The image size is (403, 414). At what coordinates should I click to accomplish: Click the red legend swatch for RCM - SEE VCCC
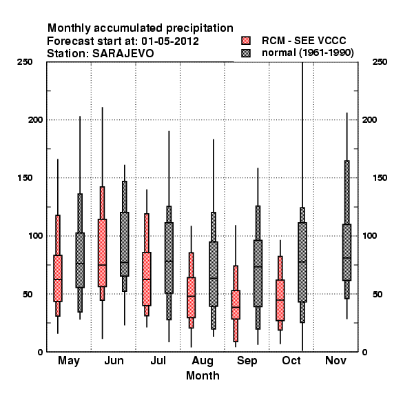pyautogui.click(x=246, y=41)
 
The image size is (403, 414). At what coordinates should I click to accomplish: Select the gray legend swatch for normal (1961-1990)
pyautogui.click(x=246, y=53)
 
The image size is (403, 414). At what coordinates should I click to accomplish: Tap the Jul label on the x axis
pyautogui.click(x=158, y=360)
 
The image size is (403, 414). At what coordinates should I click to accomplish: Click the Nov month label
pyautogui.click(x=335, y=360)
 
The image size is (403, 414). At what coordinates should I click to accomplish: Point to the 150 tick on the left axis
pyautogui.click(x=25, y=178)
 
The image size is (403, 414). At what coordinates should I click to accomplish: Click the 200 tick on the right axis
pyautogui.click(x=369, y=119)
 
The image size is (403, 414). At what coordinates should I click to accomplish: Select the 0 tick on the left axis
pyautogui.click(x=40, y=352)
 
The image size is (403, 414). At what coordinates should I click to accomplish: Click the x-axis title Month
pyautogui.click(x=203, y=375)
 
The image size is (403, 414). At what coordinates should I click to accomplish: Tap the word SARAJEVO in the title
pyautogui.click(x=123, y=54)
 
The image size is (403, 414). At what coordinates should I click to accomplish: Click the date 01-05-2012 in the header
pyautogui.click(x=170, y=41)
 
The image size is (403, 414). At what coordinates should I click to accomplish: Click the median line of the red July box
pyautogui.click(x=147, y=279)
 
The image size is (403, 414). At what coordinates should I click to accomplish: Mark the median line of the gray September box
pyautogui.click(x=258, y=266)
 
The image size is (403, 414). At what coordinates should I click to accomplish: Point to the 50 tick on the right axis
pyautogui.click(x=378, y=294)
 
